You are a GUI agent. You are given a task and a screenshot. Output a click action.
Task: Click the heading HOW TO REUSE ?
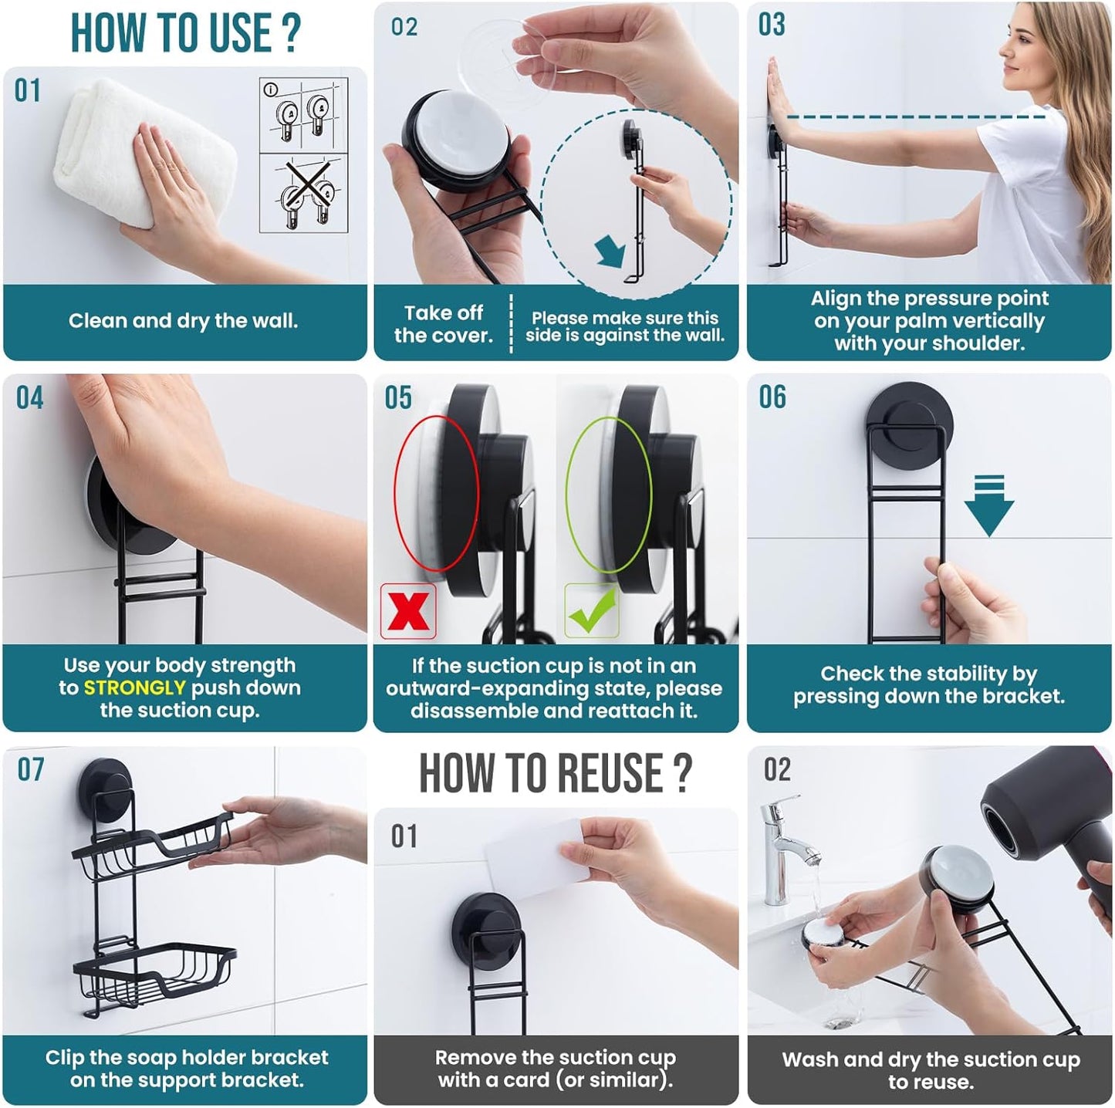(555, 773)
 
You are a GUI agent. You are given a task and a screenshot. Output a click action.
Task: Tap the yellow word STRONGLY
(134, 687)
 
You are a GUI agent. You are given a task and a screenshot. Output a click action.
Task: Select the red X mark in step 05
(408, 610)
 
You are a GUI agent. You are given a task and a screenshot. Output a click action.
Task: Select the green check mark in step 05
(592, 610)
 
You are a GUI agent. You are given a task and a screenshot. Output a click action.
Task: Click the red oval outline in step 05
(436, 494)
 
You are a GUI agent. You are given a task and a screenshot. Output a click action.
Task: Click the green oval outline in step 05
(609, 494)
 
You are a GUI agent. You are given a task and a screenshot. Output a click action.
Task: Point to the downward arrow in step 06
(988, 506)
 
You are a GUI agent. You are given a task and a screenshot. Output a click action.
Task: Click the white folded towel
(143, 154)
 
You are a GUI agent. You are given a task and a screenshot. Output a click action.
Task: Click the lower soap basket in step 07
(154, 972)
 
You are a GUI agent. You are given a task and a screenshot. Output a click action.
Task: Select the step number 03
(771, 25)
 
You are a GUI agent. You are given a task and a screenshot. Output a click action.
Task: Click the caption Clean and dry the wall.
(183, 321)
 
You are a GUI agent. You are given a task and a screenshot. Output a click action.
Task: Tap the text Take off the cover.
(443, 324)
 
